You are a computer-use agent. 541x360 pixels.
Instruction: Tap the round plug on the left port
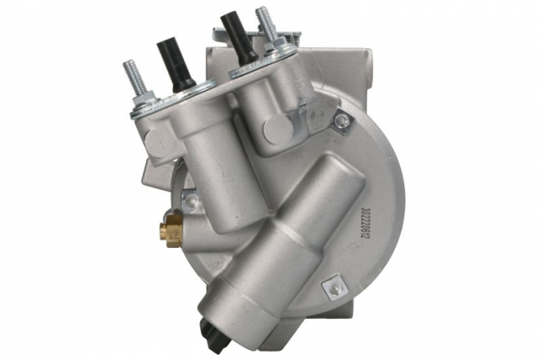158,140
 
